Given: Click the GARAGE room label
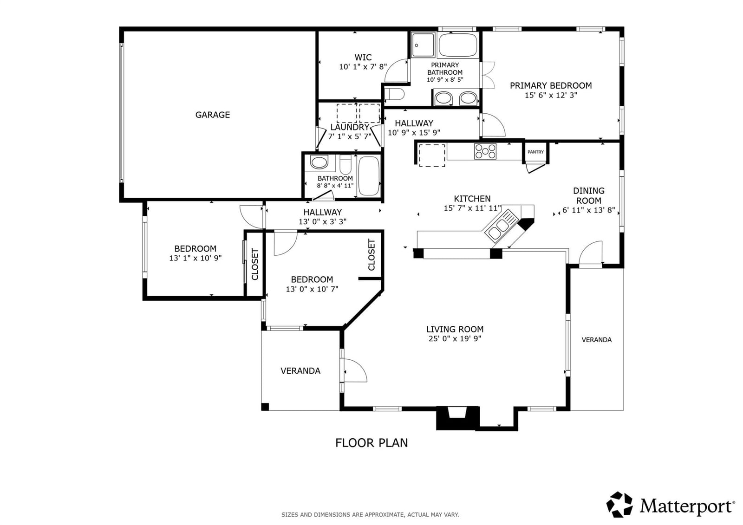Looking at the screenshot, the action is [212, 115].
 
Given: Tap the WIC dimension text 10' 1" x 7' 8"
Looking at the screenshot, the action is [363, 67].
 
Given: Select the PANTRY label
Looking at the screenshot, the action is [536, 152].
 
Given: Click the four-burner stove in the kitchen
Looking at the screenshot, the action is [485, 151].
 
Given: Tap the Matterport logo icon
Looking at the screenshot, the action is [619, 505].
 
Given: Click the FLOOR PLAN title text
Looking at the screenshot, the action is [371, 443].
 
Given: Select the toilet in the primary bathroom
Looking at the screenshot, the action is [395, 94].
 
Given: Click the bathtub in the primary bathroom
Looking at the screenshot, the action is [458, 45].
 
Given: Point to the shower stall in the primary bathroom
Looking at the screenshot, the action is [423, 45].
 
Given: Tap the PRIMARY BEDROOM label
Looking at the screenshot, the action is [551, 85].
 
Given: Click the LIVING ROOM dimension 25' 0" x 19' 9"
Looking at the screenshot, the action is [455, 338].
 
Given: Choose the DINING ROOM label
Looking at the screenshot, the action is [589, 196].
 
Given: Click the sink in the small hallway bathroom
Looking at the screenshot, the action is [319, 162].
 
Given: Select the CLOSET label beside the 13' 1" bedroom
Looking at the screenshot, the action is [255, 264].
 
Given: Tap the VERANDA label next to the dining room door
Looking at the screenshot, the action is [597, 340].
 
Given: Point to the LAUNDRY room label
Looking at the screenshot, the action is [350, 127].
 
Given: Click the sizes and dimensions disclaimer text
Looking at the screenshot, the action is [370, 515].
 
